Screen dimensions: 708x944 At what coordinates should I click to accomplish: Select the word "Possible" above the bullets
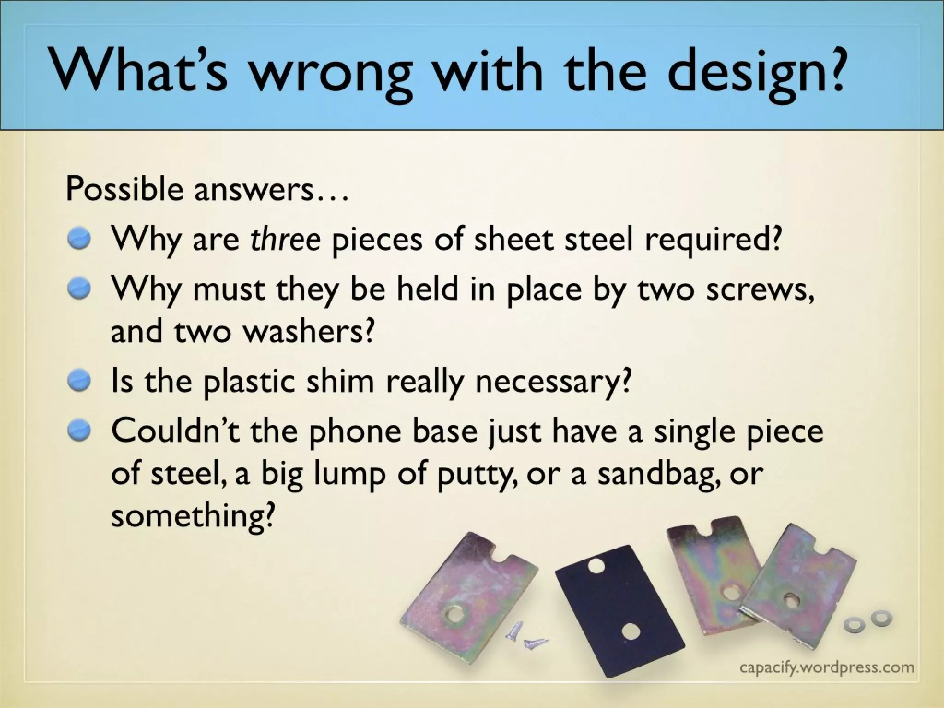(124, 189)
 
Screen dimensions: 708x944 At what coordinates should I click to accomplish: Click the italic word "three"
(285, 239)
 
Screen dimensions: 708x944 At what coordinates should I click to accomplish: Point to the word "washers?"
(307, 331)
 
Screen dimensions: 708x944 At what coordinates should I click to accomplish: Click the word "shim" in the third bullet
(340, 381)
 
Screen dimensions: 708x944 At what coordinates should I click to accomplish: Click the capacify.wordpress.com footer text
(826, 667)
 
